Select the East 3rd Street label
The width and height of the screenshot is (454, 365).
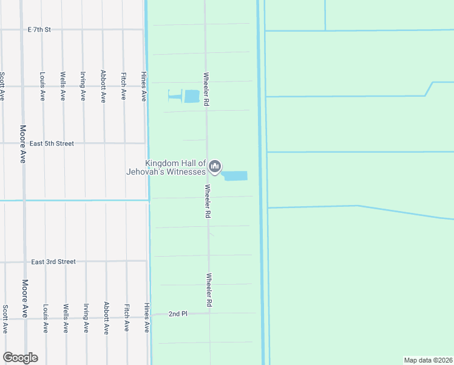(x=53, y=262)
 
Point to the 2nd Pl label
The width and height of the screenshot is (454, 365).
(x=178, y=314)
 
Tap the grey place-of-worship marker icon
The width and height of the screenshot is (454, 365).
(x=215, y=167)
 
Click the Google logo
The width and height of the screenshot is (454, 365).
(x=20, y=358)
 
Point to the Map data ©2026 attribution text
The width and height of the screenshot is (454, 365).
(x=428, y=360)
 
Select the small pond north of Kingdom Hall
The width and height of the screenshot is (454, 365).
(x=191, y=96)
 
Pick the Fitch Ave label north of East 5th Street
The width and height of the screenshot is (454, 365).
(x=124, y=86)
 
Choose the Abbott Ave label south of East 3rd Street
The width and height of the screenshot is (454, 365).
(x=106, y=318)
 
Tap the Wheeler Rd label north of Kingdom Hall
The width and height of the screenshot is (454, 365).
(x=206, y=89)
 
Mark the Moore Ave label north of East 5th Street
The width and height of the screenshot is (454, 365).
(x=23, y=144)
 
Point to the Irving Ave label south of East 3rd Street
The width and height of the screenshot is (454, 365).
(x=86, y=318)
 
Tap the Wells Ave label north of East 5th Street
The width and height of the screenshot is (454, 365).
(x=63, y=86)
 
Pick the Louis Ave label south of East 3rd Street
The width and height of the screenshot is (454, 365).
(x=45, y=318)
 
